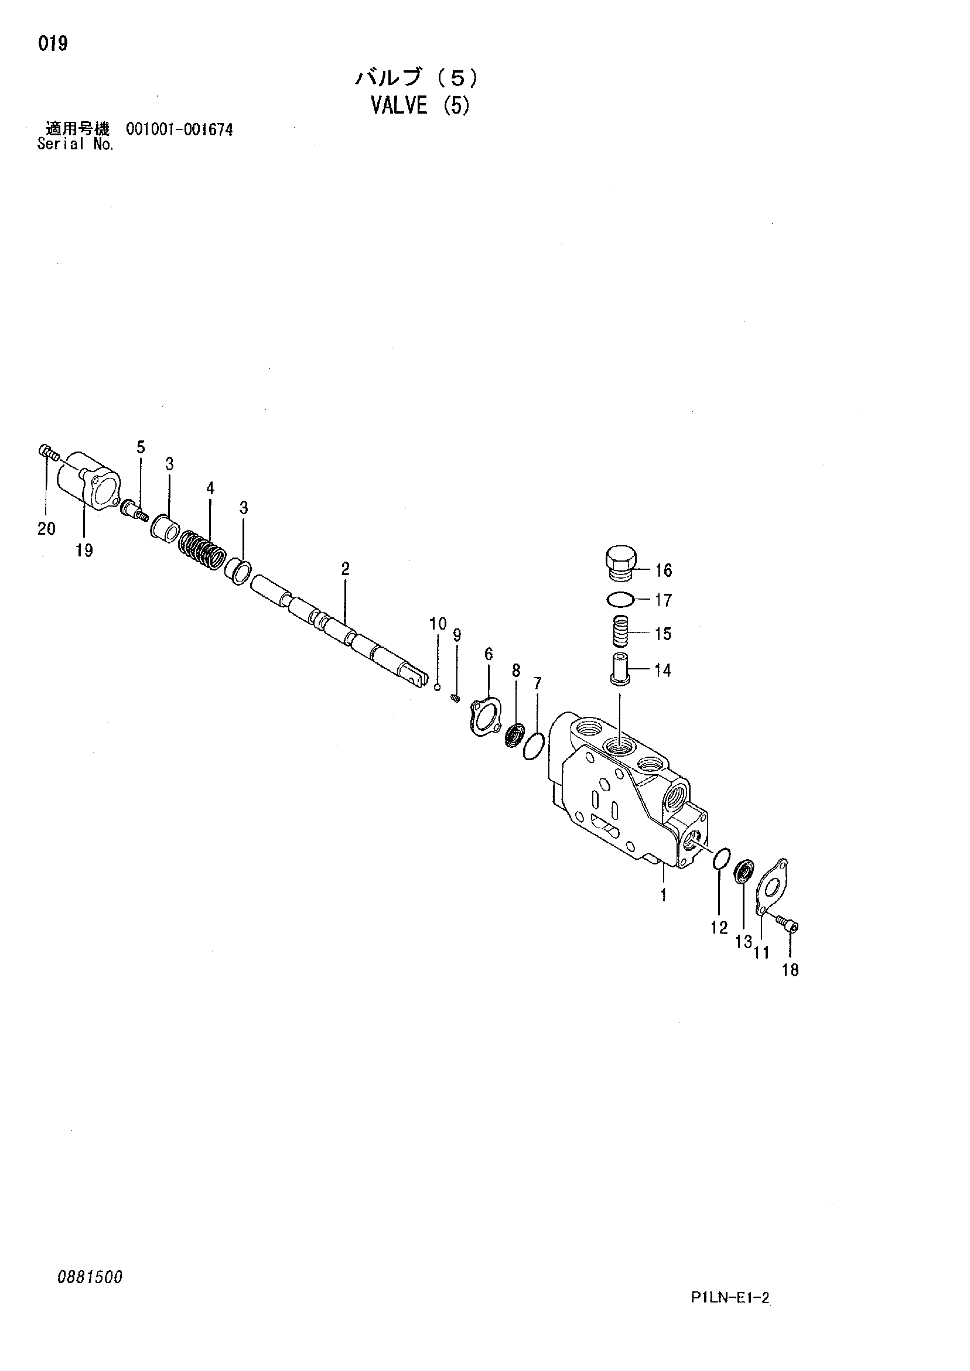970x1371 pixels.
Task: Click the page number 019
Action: click(53, 43)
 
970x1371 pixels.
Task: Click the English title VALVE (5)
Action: click(420, 105)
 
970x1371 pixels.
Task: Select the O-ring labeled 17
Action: click(618, 599)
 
